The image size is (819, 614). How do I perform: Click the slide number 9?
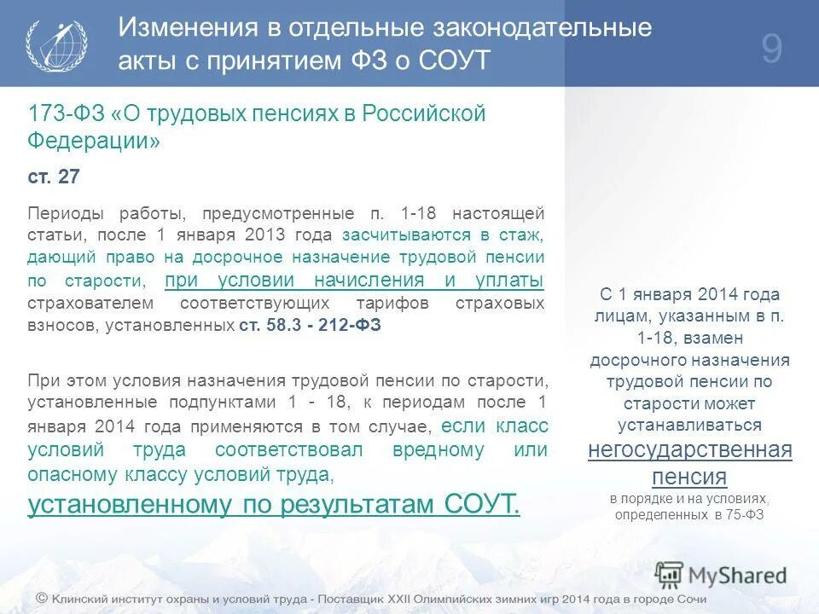(x=771, y=49)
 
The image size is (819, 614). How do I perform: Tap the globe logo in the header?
(x=56, y=45)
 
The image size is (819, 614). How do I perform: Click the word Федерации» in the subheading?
(x=94, y=141)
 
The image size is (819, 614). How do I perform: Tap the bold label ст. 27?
(x=54, y=177)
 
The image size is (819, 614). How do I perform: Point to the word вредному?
(x=438, y=449)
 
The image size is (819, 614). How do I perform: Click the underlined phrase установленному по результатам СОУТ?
(x=274, y=504)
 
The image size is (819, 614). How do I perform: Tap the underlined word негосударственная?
(x=689, y=449)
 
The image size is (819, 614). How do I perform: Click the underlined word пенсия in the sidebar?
(x=689, y=476)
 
